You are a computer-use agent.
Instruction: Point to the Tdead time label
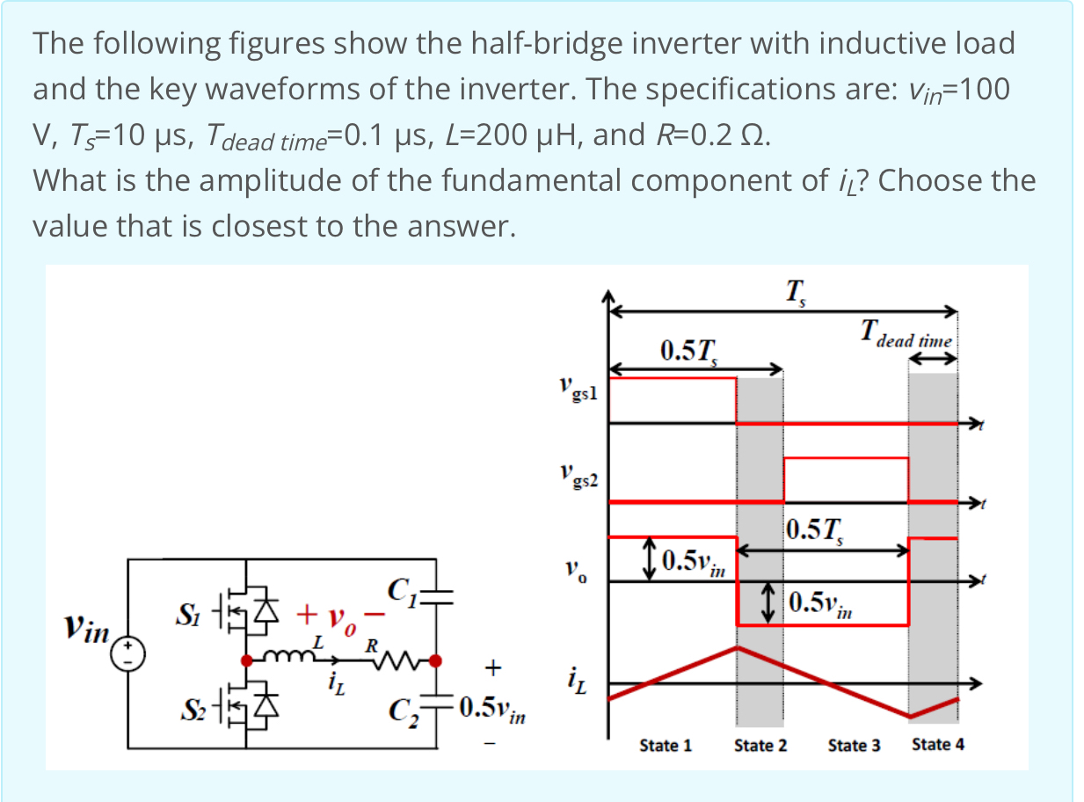click(906, 335)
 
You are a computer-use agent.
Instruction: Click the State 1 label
click(666, 746)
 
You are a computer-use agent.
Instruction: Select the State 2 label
click(760, 746)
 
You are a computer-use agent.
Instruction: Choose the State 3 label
click(854, 746)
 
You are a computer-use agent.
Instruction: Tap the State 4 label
click(938, 745)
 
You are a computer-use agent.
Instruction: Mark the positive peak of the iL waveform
click(738, 647)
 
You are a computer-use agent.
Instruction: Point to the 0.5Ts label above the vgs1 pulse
click(690, 351)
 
